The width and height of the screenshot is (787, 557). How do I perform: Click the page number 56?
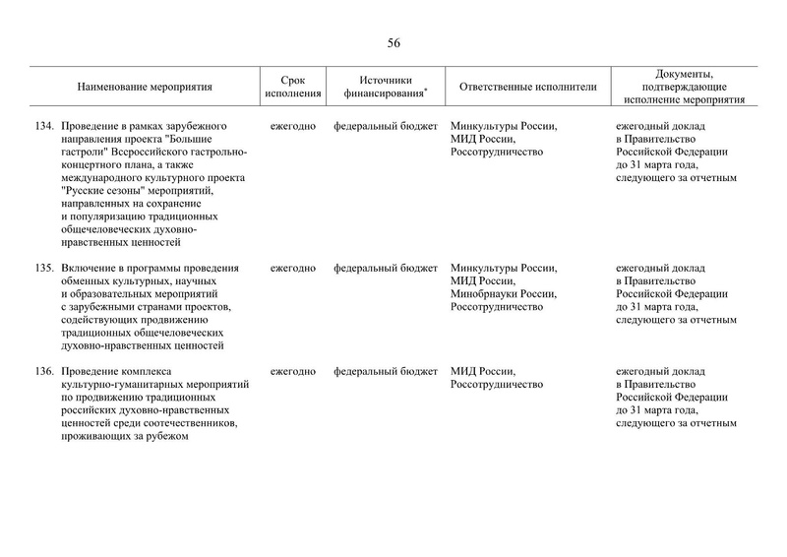click(393, 42)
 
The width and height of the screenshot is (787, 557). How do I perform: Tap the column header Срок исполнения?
click(292, 87)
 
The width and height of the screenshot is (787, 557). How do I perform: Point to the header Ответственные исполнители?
click(528, 87)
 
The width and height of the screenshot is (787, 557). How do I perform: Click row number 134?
click(42, 127)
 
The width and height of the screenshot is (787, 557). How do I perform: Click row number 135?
click(42, 268)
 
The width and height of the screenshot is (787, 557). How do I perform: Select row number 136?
click(42, 371)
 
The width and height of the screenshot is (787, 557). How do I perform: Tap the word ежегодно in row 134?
click(292, 127)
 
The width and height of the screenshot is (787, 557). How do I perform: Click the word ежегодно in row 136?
click(292, 371)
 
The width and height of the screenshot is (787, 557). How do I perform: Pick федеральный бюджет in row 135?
click(386, 268)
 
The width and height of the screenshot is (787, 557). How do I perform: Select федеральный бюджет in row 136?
click(386, 371)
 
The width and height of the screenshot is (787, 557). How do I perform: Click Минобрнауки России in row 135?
click(503, 293)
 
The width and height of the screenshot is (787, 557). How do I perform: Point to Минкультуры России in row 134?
click(503, 127)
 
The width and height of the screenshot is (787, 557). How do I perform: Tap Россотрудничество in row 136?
click(497, 384)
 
